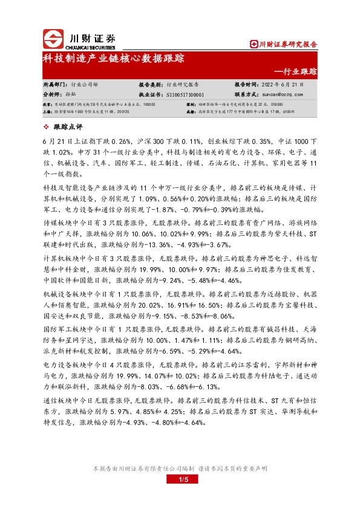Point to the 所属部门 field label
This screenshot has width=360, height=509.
pyautogui.click(x=56, y=85)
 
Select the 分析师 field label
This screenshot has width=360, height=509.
pyautogui.click(x=53, y=95)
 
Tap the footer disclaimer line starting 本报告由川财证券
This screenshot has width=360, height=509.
pyautogui.click(x=180, y=469)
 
